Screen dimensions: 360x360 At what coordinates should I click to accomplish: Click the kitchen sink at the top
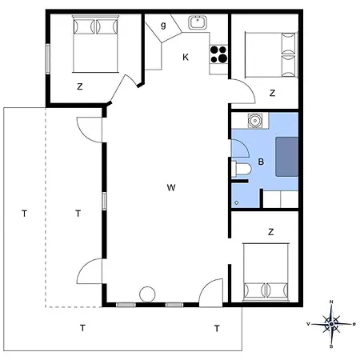pyautogui.click(x=198, y=22)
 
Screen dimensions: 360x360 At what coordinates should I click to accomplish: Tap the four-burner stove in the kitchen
pyautogui.click(x=218, y=54)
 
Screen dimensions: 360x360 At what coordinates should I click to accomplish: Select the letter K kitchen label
pyautogui.click(x=186, y=57)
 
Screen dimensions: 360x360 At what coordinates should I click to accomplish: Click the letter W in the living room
pyautogui.click(x=171, y=187)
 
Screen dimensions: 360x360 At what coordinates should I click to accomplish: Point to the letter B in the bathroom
pyautogui.click(x=261, y=162)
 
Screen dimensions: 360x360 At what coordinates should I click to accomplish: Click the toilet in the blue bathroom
pyautogui.click(x=242, y=169)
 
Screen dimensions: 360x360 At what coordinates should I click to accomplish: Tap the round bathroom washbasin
pyautogui.click(x=255, y=121)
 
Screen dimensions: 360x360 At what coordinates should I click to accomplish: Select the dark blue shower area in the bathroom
pyautogui.click(x=287, y=157)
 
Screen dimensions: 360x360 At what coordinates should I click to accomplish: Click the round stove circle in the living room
pyautogui.click(x=147, y=294)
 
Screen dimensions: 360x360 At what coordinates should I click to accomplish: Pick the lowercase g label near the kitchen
pyautogui.click(x=163, y=26)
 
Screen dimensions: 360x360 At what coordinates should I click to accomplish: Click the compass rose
pyautogui.click(x=331, y=324)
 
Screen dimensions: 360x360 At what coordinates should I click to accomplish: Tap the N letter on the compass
pyautogui.click(x=331, y=302)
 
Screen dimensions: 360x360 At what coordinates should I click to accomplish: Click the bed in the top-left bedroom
pyautogui.click(x=95, y=44)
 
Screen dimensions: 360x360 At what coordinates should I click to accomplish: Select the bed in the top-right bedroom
pyautogui.click(x=271, y=55)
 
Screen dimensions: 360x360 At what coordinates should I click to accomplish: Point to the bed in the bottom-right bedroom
pyautogui.click(x=266, y=272)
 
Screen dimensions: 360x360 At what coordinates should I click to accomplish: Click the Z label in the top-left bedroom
pyautogui.click(x=80, y=86)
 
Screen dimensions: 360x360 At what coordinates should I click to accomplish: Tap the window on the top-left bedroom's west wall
pyautogui.click(x=48, y=59)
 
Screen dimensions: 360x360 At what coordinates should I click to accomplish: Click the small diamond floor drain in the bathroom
pyautogui.click(x=237, y=202)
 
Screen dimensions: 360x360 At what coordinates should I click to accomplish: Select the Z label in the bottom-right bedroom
pyautogui.click(x=271, y=232)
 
